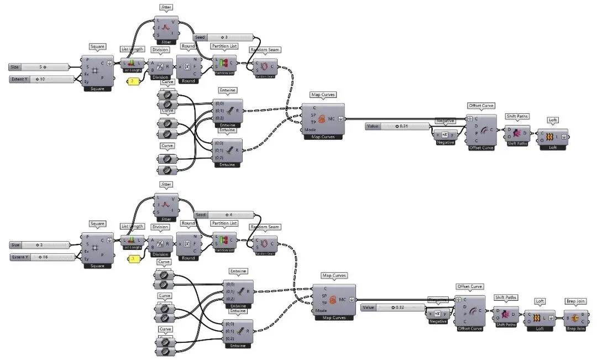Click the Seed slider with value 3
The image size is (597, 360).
pos(223,37)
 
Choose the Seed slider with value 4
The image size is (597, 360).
pos(223,215)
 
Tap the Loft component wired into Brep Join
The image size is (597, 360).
pos(540,319)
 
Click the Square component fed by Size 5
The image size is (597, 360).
pos(97,71)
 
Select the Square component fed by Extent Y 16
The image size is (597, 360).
pos(97,248)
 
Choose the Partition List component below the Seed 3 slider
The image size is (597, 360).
pos(224,64)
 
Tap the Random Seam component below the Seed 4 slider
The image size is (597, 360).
pos(265,242)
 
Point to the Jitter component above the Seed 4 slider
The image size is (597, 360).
pos(166,203)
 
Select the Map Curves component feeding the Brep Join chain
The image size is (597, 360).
pos(334,300)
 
